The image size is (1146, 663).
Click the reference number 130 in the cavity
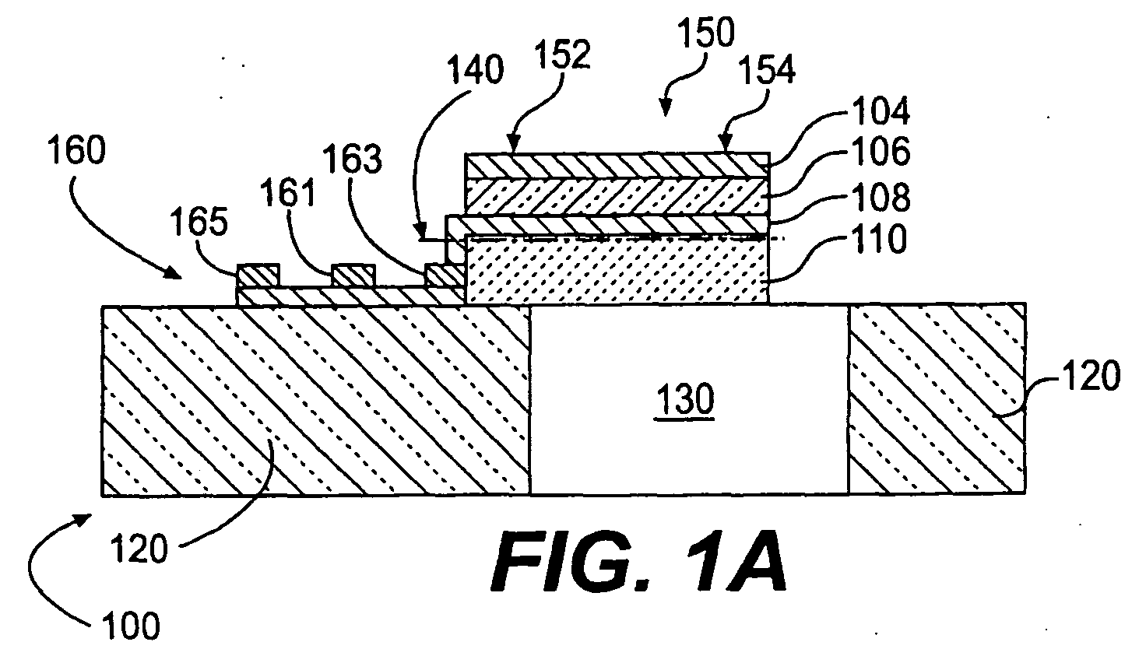686,399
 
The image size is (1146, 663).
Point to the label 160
77,149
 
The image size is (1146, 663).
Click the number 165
199,223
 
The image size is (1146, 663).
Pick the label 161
288,193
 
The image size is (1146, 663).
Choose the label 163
353,159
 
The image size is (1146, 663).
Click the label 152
563,54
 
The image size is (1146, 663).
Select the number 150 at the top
707,32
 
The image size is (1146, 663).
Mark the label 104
881,111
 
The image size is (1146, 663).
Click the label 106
881,151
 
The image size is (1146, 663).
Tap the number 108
881,197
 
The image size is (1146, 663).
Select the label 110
878,238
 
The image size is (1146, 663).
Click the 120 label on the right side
1091,376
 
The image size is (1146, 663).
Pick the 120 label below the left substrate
139,549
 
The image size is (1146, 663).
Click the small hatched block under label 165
258,275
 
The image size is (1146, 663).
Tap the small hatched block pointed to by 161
353,275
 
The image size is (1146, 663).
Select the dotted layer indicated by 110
617,269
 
